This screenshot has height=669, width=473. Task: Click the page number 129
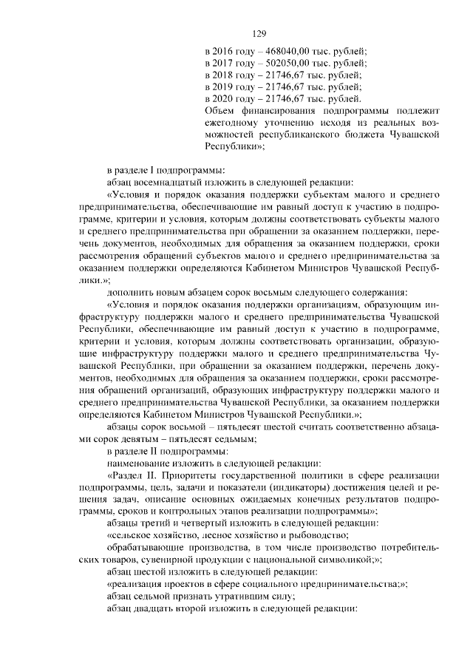[x=259, y=34]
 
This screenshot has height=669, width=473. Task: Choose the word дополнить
[x=129, y=291]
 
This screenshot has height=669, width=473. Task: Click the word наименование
[x=139, y=463]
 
